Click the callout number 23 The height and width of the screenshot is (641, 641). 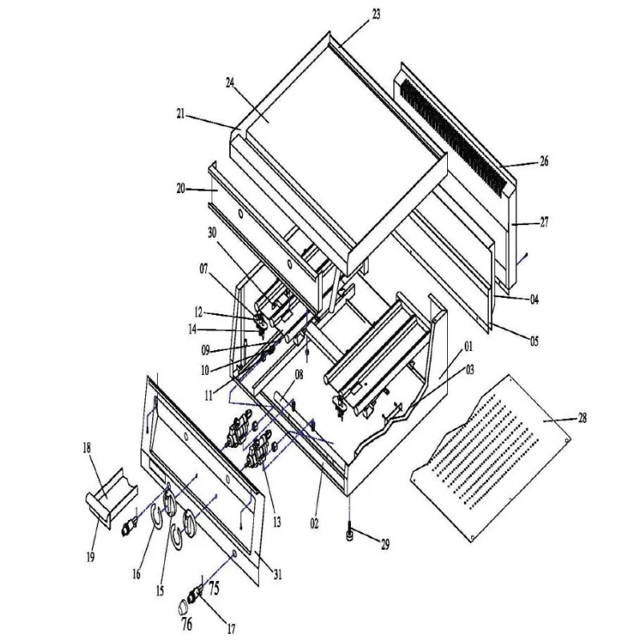coord(377,14)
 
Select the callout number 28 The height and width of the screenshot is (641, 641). coord(581,418)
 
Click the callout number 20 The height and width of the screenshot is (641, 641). coord(180,189)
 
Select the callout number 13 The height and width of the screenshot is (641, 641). coord(276,522)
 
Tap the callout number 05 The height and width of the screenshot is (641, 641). coord(534,341)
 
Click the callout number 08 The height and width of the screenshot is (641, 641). coord(299,374)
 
